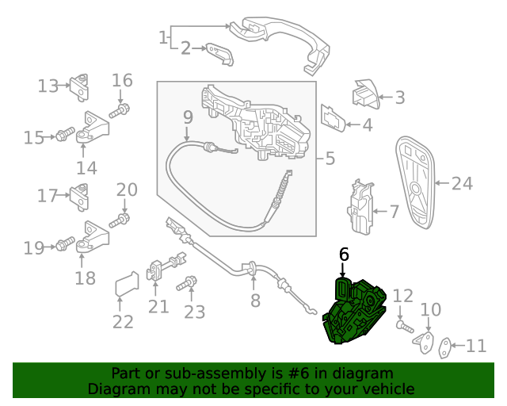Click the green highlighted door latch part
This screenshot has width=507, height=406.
(355, 312)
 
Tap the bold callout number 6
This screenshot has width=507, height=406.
(344, 255)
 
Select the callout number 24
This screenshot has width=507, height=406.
(462, 184)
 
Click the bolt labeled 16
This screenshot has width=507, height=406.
(120, 110)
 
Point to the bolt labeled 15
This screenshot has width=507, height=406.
(65, 134)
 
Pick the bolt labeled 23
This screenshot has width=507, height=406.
(187, 284)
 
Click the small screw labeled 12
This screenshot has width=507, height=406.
(405, 327)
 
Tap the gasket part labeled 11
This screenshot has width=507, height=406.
(444, 348)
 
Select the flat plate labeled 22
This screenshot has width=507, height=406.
(127, 284)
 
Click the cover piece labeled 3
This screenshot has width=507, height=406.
(365, 94)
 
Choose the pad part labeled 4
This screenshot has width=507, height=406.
(333, 118)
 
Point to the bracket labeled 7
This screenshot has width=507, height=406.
(360, 207)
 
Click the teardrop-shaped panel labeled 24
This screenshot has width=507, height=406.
(416, 182)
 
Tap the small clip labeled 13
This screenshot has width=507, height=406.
(79, 87)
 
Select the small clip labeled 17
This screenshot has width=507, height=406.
(79, 197)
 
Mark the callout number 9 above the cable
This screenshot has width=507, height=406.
(188, 117)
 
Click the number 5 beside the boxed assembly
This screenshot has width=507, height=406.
(330, 159)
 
